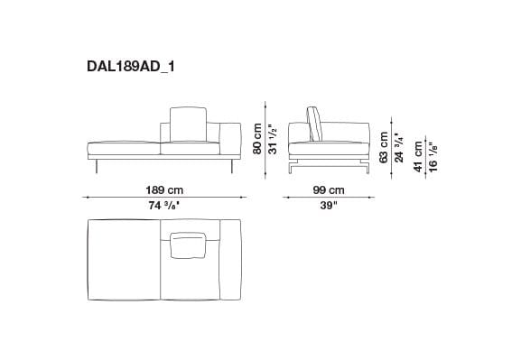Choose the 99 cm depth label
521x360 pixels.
click(x=330, y=189)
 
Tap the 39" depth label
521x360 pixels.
click(x=329, y=205)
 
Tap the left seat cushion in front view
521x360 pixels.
click(x=124, y=146)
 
